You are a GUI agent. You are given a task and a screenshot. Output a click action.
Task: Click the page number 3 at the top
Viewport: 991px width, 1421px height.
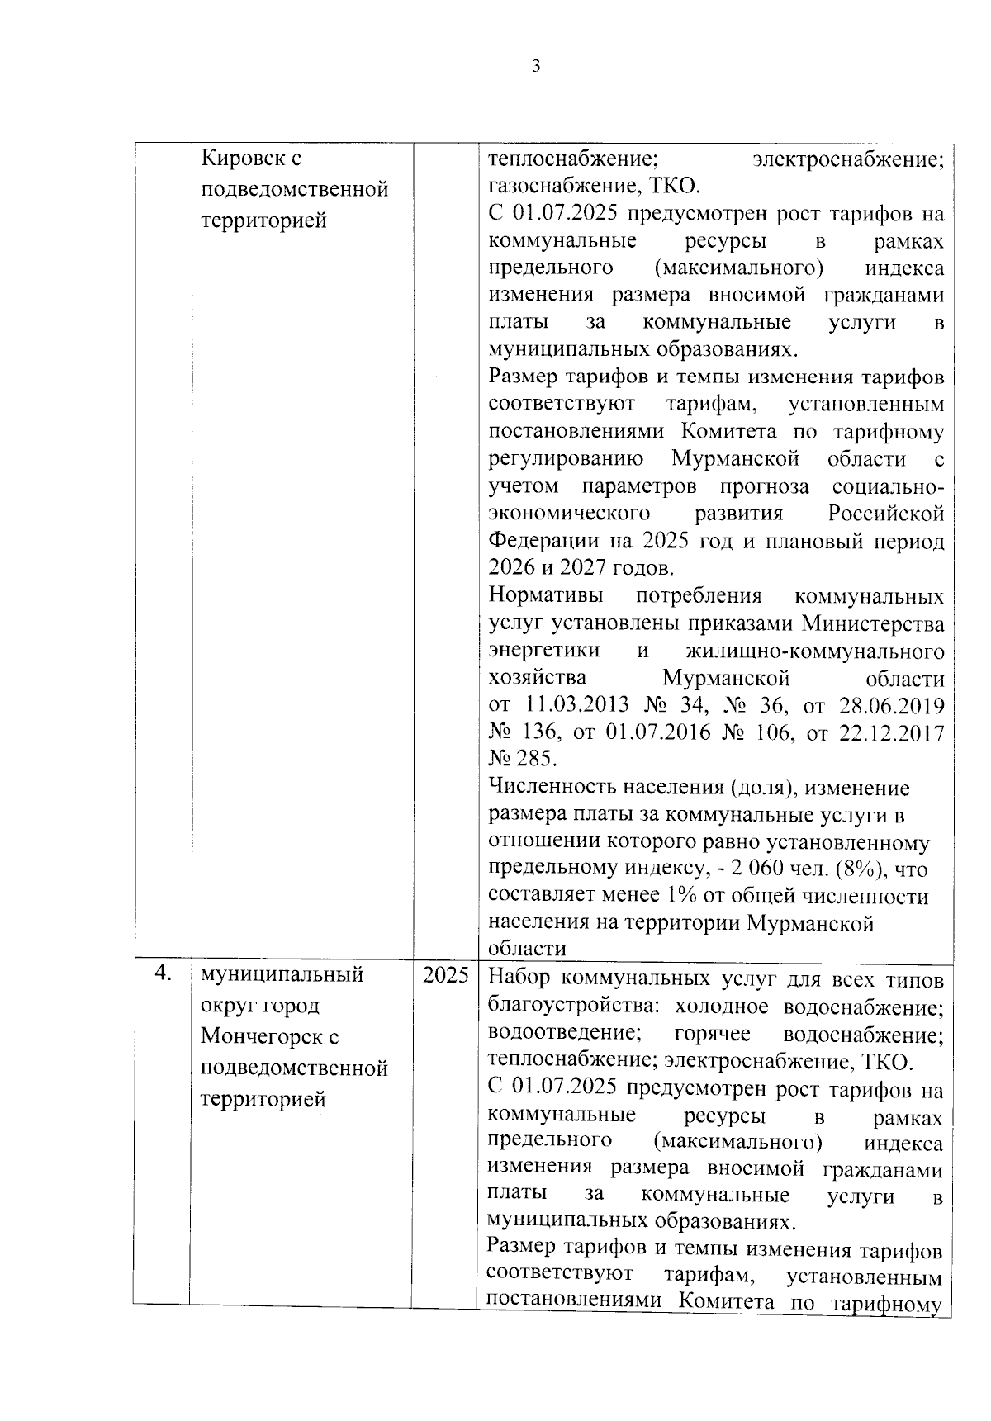pyautogui.click(x=536, y=67)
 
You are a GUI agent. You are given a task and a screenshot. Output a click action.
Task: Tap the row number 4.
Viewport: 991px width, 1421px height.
pyautogui.click(x=163, y=974)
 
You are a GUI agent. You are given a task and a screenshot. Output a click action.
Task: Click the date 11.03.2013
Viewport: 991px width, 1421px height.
pyautogui.click(x=576, y=706)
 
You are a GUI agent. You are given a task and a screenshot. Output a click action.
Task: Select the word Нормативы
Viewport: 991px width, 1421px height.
pyautogui.click(x=546, y=596)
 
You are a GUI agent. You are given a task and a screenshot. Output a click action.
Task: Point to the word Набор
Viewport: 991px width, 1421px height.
pyautogui.click(x=518, y=978)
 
